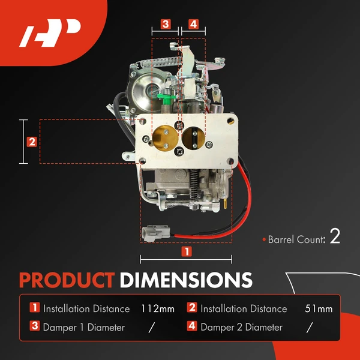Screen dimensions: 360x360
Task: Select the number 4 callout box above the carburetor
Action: coord(193,25)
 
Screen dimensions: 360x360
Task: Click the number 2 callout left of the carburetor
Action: coord(32,142)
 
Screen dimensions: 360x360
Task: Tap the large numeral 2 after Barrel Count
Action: coord(335,236)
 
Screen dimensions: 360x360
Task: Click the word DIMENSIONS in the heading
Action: coord(185,280)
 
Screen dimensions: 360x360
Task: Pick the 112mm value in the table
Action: coord(157,309)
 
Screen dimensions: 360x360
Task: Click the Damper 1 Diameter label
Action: coord(83,328)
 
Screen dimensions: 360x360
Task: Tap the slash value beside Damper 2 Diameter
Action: coord(309,328)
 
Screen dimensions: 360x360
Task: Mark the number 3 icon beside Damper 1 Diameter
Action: coord(35,328)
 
